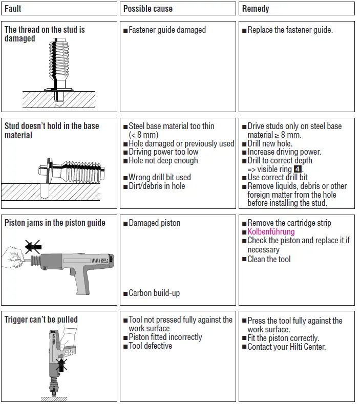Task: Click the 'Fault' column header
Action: click(x=13, y=9)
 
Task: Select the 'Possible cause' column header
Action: click(x=148, y=9)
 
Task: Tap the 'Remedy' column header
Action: click(x=256, y=9)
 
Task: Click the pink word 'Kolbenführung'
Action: click(x=271, y=232)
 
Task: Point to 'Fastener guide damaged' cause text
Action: click(x=167, y=30)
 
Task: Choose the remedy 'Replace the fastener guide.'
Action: click(x=290, y=30)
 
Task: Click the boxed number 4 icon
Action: click(x=298, y=169)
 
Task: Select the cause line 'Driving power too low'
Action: click(x=163, y=152)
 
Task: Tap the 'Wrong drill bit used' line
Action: click(x=160, y=178)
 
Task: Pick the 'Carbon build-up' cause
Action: click(x=154, y=293)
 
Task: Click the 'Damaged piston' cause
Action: click(x=155, y=223)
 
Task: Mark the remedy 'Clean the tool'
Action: click(x=269, y=260)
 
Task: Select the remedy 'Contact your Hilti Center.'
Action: click(x=287, y=347)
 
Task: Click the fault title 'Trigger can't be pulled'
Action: click(x=41, y=320)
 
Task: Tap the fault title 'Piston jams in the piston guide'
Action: click(x=55, y=223)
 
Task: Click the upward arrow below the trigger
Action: click(x=62, y=365)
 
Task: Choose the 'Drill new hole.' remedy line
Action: click(x=270, y=143)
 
